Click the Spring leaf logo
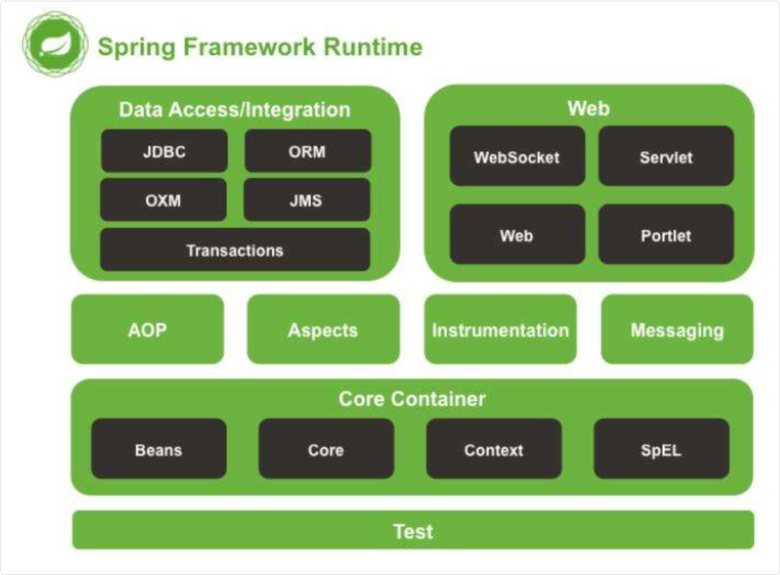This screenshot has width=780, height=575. click(x=55, y=44)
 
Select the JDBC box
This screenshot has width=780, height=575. click(x=164, y=151)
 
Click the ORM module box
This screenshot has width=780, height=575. click(x=307, y=151)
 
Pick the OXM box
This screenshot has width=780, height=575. click(x=163, y=200)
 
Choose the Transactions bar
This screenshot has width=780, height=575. click(x=234, y=250)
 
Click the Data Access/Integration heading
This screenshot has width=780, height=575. click(x=234, y=110)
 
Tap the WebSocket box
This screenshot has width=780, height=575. click(x=517, y=156)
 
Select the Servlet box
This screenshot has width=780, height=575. click(x=666, y=156)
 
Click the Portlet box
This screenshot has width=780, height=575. click(x=666, y=235)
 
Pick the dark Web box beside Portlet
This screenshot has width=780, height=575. click(x=517, y=235)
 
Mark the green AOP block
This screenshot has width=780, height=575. click(x=147, y=330)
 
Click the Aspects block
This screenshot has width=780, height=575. click(x=323, y=330)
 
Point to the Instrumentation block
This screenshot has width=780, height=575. click(x=501, y=330)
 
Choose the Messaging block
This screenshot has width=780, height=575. click(x=677, y=330)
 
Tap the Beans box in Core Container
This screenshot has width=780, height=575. click(x=159, y=449)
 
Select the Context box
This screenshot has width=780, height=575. click(x=494, y=449)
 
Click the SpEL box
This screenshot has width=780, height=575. click(x=661, y=449)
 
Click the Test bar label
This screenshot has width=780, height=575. click(x=413, y=531)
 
